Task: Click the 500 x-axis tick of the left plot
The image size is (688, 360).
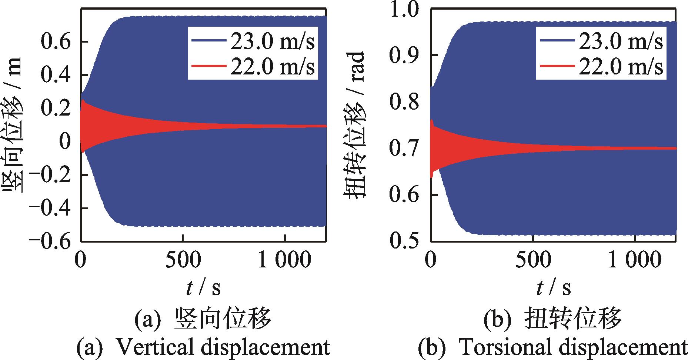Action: (183, 260)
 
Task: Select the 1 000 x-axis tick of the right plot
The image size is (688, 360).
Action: (635, 260)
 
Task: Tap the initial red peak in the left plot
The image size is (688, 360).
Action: (83, 101)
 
